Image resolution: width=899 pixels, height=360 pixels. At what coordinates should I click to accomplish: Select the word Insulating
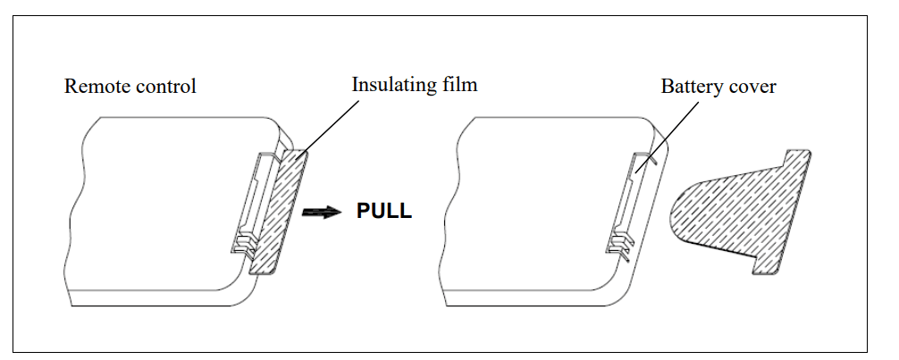tap(392, 86)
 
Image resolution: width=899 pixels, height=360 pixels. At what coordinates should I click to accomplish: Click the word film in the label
tap(459, 86)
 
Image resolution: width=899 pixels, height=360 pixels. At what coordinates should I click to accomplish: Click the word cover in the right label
tap(752, 87)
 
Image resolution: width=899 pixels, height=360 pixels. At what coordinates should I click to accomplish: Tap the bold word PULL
tap(384, 213)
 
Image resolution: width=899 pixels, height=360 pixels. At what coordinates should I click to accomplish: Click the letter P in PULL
tap(364, 213)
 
